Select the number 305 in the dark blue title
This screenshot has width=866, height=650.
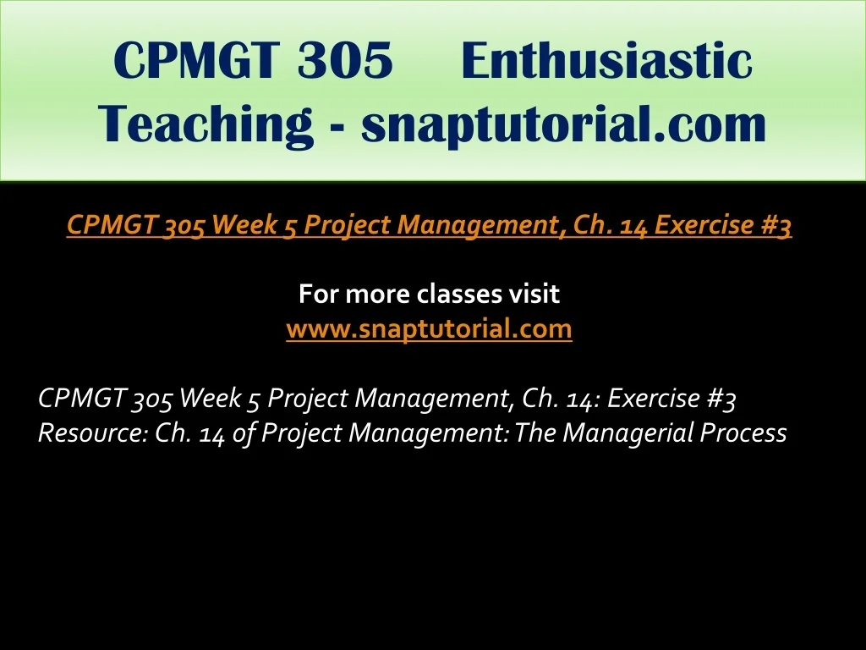coord(345,60)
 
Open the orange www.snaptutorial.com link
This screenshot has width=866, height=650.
coord(429,329)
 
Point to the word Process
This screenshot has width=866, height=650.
coord(743,432)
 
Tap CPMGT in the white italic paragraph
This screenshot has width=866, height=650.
coord(82,398)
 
